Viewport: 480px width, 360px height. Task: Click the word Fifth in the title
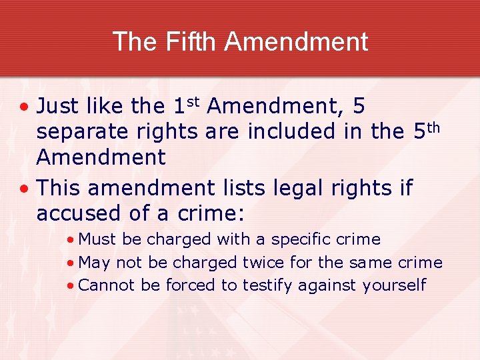[x=186, y=41]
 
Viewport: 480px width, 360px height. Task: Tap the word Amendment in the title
[x=296, y=41]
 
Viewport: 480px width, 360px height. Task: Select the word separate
[x=77, y=132]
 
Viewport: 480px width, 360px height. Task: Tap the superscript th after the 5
[x=433, y=127]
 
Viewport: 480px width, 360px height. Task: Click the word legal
[x=297, y=189]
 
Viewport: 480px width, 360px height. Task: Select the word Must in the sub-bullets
[x=97, y=239]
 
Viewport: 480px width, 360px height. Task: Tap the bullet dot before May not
[x=71, y=263]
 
